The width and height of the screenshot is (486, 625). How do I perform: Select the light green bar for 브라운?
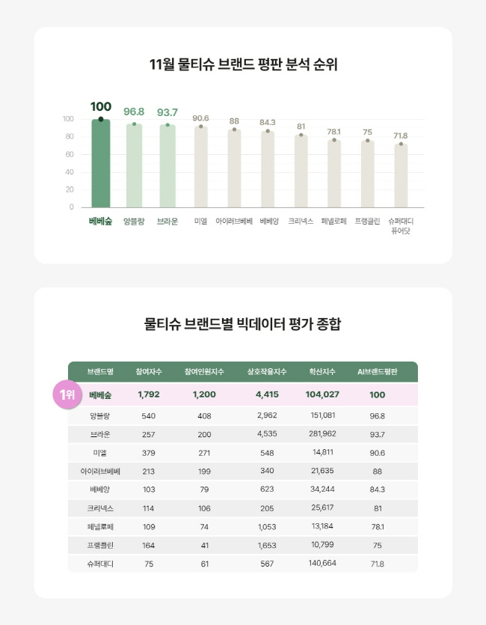(x=167, y=167)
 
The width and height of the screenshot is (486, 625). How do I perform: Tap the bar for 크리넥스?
(x=301, y=172)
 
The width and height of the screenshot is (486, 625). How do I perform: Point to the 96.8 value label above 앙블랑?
(x=134, y=112)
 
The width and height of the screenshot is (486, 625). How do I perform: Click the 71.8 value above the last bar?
(x=401, y=135)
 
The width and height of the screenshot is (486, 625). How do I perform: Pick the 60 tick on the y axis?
(x=69, y=154)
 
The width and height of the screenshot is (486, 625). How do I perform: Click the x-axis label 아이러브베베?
(x=234, y=222)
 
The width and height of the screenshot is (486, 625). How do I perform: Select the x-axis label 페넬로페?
(x=334, y=222)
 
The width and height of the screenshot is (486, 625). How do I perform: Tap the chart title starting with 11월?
(x=243, y=64)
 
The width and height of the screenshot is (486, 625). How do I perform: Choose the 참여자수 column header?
(x=148, y=372)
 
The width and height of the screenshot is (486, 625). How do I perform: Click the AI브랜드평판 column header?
(x=378, y=372)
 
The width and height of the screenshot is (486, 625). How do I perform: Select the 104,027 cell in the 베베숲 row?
(x=322, y=394)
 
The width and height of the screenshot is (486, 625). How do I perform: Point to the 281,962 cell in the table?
(x=322, y=434)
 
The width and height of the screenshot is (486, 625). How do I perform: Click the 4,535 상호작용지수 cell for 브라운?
(x=267, y=434)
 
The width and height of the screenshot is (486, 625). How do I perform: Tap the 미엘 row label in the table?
(x=100, y=453)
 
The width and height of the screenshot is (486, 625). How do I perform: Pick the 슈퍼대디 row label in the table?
(x=100, y=564)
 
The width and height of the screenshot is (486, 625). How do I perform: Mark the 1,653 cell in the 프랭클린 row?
(x=267, y=545)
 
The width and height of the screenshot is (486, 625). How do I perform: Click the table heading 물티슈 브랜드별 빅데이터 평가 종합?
(x=243, y=324)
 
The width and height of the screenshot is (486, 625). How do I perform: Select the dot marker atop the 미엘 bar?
(x=200, y=126)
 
